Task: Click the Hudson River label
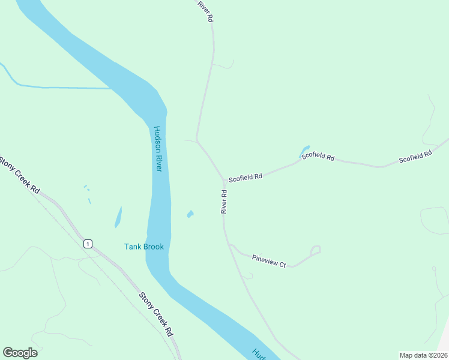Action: [x=158, y=149]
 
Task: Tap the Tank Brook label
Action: [x=143, y=247]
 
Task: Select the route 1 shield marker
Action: [x=88, y=244]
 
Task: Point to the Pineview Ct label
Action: [x=269, y=261]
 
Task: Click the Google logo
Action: [x=20, y=353]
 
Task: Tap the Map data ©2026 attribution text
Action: [x=423, y=355]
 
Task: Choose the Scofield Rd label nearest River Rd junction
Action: [x=246, y=177]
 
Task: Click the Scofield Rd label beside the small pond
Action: [x=318, y=156]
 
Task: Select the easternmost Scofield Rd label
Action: [x=415, y=157]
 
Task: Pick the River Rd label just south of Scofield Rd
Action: [x=223, y=202]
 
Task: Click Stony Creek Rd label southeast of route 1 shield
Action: [x=156, y=314]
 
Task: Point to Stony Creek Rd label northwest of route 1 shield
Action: [x=20, y=175]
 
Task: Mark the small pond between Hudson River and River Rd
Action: [x=190, y=214]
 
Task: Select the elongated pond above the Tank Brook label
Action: [x=118, y=217]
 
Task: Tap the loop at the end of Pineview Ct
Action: [x=316, y=250]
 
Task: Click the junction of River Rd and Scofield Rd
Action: [x=224, y=180]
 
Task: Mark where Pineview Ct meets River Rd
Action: [x=229, y=244]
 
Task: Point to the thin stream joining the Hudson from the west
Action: [x=60, y=88]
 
